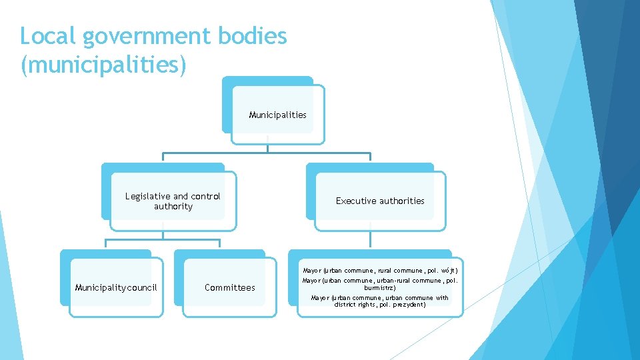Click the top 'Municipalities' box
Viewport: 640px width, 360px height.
[x=277, y=115]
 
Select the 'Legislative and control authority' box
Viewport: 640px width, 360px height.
[x=173, y=201]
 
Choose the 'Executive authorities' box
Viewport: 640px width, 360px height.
[x=380, y=201]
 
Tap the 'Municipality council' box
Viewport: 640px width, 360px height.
[x=116, y=287]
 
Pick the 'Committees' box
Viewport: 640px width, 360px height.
[x=230, y=287]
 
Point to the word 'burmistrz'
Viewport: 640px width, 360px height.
[x=380, y=288]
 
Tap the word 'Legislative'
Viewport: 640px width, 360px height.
[x=147, y=196]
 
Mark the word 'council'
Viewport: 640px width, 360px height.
[x=142, y=287]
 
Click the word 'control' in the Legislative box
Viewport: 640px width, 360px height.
[x=205, y=196]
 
